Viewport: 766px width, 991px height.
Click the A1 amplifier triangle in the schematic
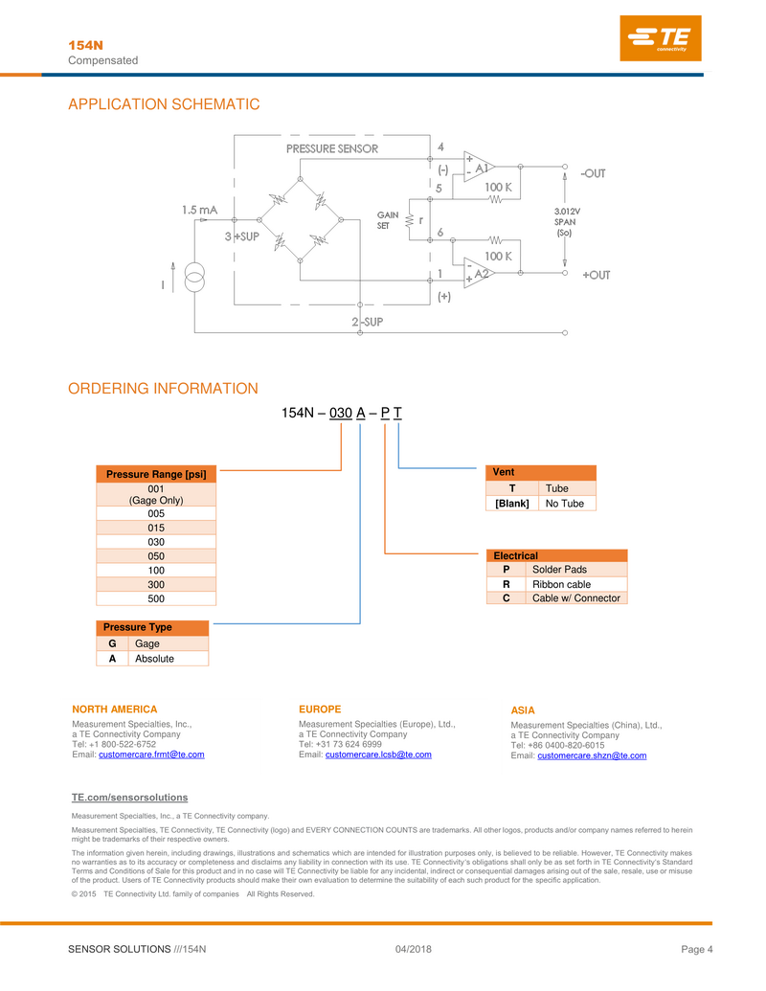tap(478, 168)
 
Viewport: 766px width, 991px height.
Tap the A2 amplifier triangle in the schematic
tap(478, 273)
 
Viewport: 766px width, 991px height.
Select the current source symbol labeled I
tap(194, 280)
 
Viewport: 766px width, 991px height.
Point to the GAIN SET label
tap(388, 221)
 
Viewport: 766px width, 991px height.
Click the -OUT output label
tap(593, 173)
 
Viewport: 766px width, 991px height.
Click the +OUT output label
tap(596, 275)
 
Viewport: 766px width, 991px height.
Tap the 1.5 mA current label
tap(200, 209)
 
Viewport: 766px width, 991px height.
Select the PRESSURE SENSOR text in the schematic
tap(331, 148)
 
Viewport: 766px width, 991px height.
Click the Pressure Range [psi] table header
tap(156, 474)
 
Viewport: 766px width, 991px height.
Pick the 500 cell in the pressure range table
tap(156, 598)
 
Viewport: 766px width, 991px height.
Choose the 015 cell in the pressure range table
tap(156, 527)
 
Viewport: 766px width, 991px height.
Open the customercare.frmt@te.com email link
tap(151, 755)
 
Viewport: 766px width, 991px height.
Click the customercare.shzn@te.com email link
tap(592, 755)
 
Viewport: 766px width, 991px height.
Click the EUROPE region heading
tap(320, 709)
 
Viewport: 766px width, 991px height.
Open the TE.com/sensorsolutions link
tap(129, 798)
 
